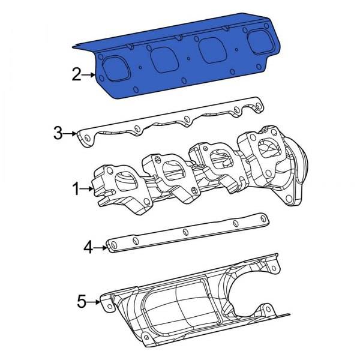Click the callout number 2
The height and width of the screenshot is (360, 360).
77,74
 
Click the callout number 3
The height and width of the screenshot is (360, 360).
58,133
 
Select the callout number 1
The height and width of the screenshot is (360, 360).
76,189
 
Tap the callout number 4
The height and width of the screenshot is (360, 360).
88,247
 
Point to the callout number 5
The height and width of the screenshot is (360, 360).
82,301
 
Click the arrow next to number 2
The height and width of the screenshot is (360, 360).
89,75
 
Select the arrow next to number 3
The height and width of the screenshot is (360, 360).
70,133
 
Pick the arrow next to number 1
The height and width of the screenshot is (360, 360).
87,189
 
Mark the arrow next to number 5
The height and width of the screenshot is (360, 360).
94,302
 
